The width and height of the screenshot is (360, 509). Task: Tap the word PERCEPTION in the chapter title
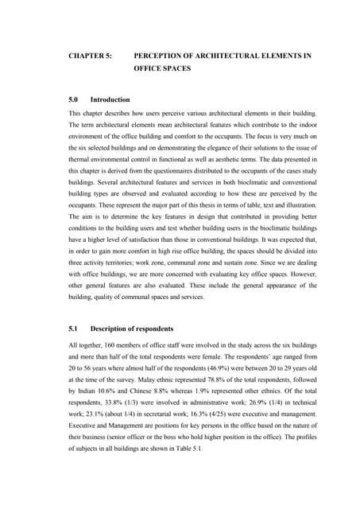(163, 56)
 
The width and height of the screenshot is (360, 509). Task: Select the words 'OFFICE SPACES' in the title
(163, 69)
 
